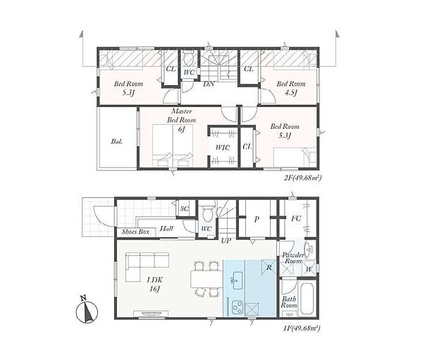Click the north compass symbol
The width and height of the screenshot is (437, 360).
pyautogui.click(x=87, y=311)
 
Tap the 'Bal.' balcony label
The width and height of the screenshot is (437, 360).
pyautogui.click(x=117, y=142)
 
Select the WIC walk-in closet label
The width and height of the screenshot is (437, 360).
pyautogui.click(x=223, y=147)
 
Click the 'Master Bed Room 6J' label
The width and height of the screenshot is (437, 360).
pyautogui.click(x=181, y=120)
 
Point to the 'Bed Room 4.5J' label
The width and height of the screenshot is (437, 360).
pyautogui.click(x=290, y=88)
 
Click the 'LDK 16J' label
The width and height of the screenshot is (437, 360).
pyautogui.click(x=154, y=284)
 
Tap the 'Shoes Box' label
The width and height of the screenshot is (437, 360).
pyautogui.click(x=135, y=232)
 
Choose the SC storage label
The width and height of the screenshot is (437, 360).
pyautogui.click(x=184, y=209)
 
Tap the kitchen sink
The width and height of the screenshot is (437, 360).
pyautogui.click(x=236, y=280)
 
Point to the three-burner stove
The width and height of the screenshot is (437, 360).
pyautogui.click(x=237, y=308)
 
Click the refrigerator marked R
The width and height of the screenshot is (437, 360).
pyautogui.click(x=269, y=267)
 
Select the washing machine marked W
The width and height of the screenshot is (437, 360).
pyautogui.click(x=309, y=268)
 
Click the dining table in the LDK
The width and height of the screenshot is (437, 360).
pyautogui.click(x=207, y=279)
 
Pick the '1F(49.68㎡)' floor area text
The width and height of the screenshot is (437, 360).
pyautogui.click(x=302, y=329)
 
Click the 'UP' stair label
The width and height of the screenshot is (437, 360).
pyautogui.click(x=226, y=241)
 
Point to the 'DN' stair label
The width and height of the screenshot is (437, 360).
pyautogui.click(x=209, y=84)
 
